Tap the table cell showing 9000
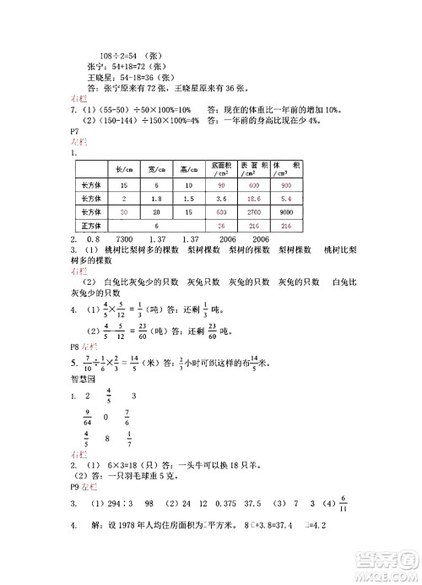pyautogui.click(x=285, y=212)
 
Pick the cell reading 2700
pyautogui.click(x=254, y=212)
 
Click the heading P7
pyautogui.click(x=76, y=133)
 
